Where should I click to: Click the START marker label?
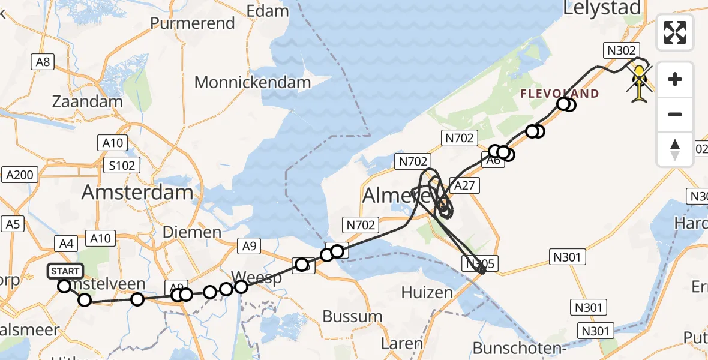click(64, 271)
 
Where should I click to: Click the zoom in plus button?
click(675, 79)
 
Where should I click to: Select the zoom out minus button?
click(675, 114)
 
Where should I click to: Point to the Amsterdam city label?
click(137, 192)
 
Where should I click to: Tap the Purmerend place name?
click(193, 23)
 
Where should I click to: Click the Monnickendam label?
click(253, 82)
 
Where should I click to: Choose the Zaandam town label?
click(88, 101)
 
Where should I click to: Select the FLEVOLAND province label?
click(559, 94)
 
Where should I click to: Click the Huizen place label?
click(428, 293)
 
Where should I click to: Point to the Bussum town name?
click(352, 316)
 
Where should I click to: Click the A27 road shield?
click(464, 186)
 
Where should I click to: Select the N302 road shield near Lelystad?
click(622, 50)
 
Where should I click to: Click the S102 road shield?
click(121, 165)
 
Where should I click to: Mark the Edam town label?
click(268, 11)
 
